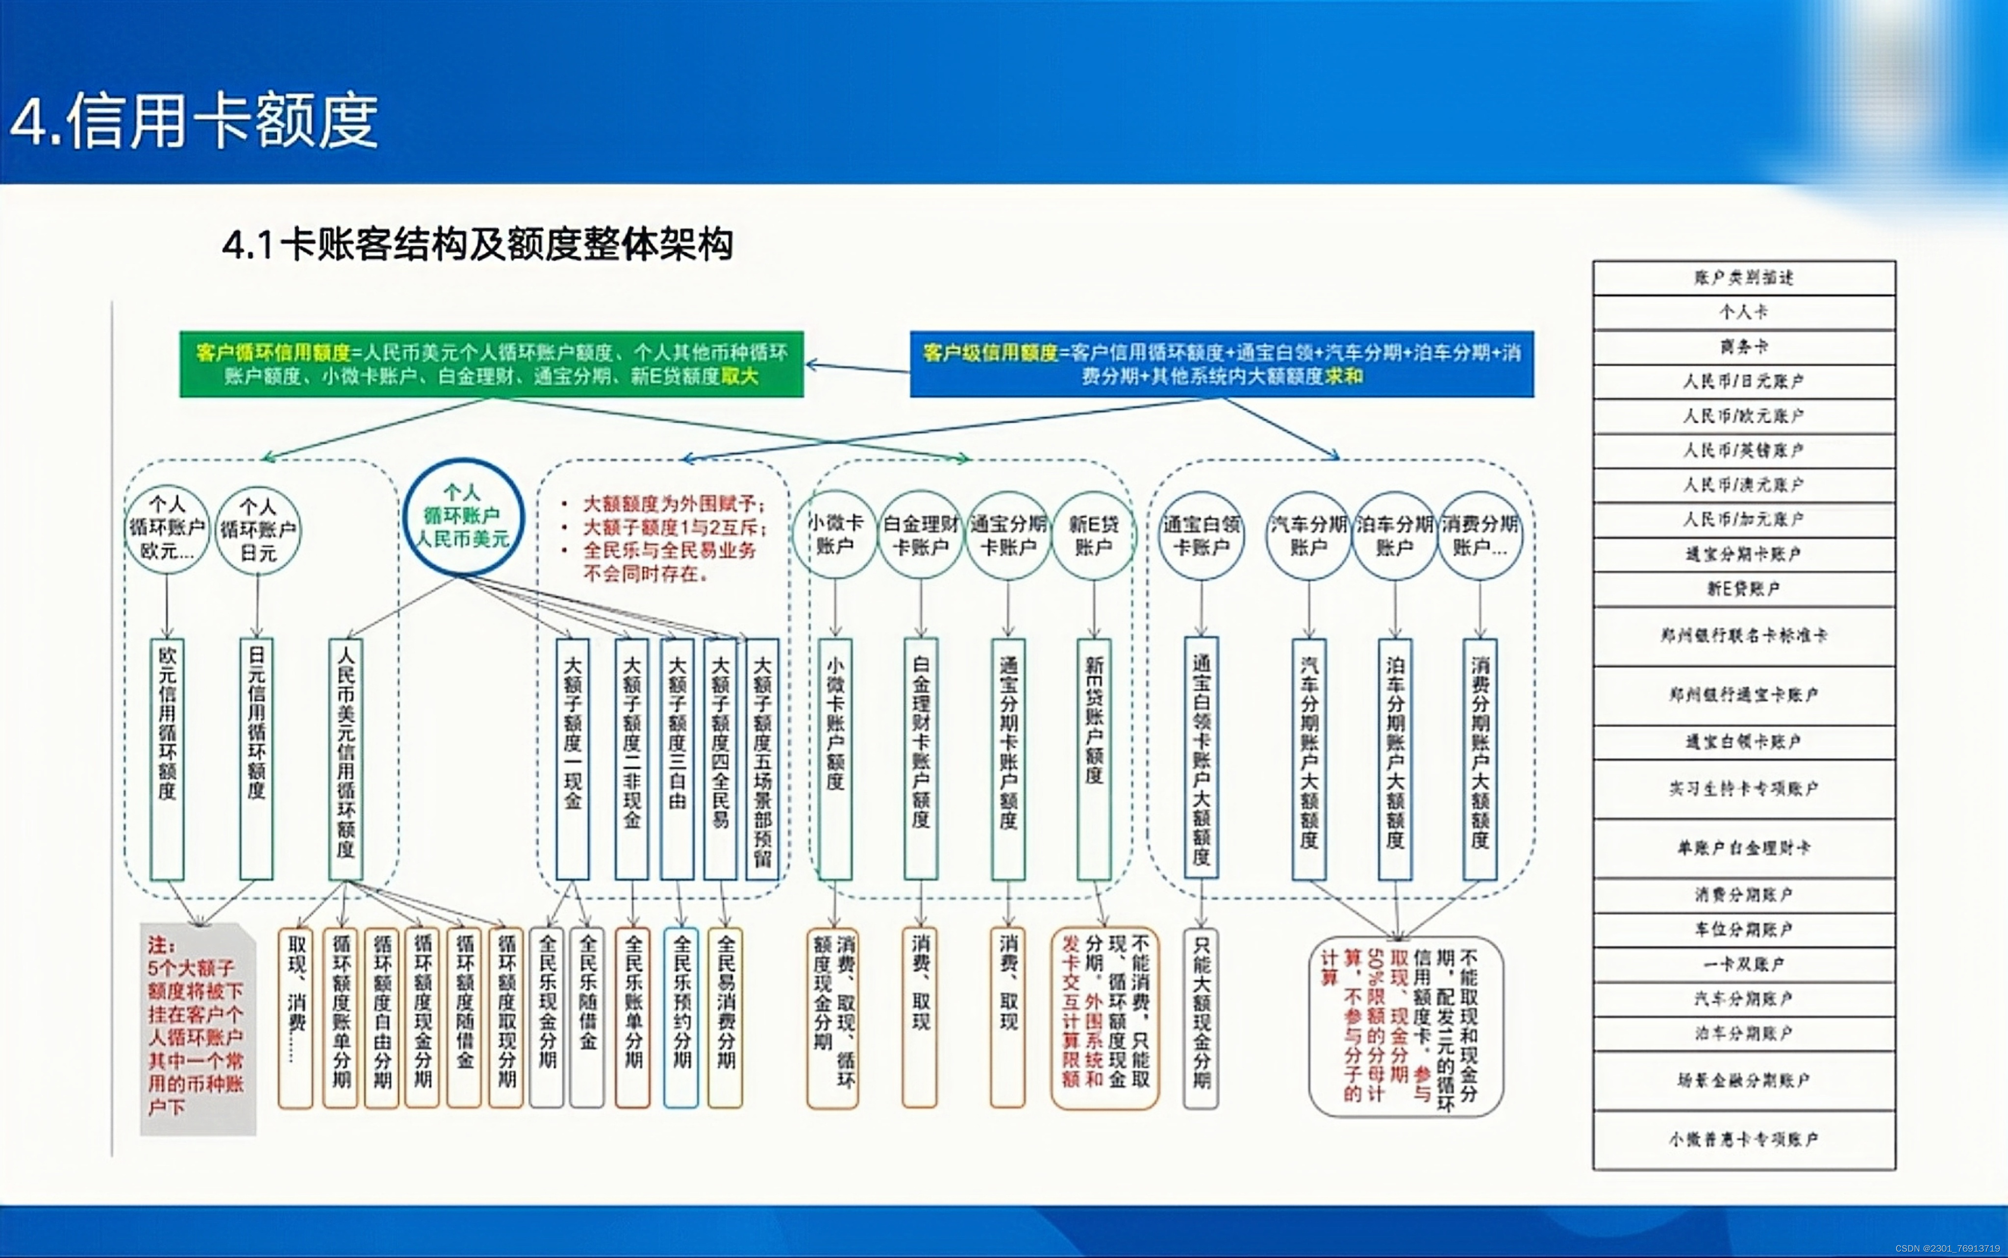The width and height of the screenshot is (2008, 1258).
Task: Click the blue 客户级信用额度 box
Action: (1221, 364)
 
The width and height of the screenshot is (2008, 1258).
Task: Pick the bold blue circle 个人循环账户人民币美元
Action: (462, 516)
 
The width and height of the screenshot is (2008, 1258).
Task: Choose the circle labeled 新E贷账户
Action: (1093, 535)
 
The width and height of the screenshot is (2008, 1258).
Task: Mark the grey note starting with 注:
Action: (197, 1028)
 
